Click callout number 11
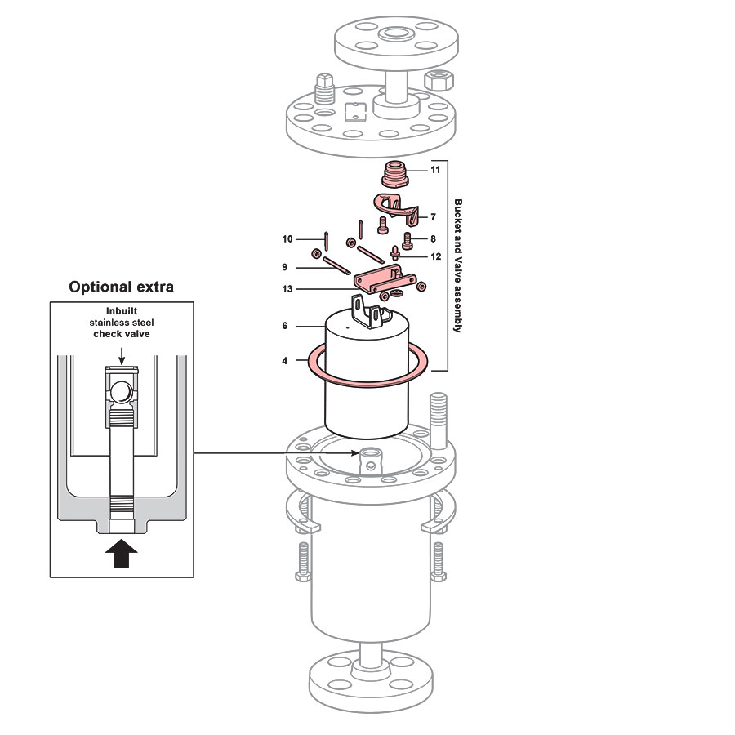coord(435,170)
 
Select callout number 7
coord(434,217)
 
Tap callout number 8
coord(434,238)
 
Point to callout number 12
coord(435,256)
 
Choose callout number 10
coord(287,239)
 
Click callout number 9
coord(285,267)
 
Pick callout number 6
coord(284,326)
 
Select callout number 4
coord(284,360)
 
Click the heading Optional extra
coord(121,287)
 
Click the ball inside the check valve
coord(121,392)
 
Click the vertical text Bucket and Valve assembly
coord(457,265)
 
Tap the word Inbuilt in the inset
coord(121,311)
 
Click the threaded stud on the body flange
coord(437,421)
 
